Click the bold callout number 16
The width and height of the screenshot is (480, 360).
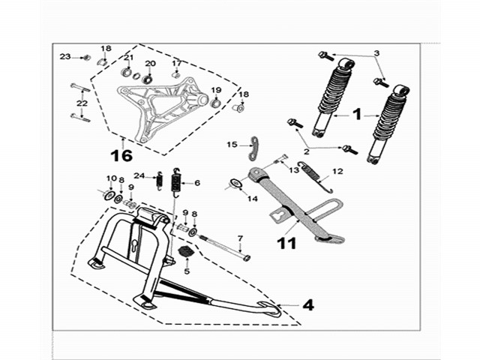click(121, 155)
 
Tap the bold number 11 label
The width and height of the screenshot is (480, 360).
click(286, 243)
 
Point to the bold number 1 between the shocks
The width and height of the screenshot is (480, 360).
click(357, 114)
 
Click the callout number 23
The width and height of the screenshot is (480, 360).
click(65, 56)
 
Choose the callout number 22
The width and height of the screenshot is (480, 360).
click(82, 103)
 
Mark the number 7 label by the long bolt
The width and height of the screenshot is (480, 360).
click(240, 238)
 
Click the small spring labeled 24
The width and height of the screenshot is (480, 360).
click(159, 181)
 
